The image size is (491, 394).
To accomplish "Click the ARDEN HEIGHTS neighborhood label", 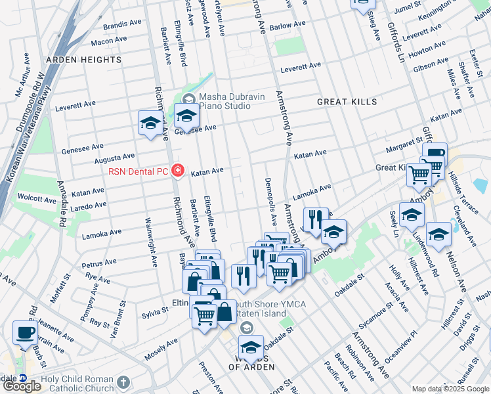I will coord(83,60).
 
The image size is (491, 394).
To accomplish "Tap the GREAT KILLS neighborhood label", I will coord(347,102).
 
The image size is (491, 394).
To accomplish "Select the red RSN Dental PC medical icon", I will coord(177,171).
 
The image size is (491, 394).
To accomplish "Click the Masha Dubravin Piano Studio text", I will coord(232,101).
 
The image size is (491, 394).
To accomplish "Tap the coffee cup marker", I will coord(26,332).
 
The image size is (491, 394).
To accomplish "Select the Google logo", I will coord(22,386).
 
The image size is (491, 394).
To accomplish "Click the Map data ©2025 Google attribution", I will coord(450,389).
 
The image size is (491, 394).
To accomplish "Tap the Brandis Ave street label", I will coord(122,24).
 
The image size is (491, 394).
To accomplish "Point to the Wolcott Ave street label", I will coord(37,198).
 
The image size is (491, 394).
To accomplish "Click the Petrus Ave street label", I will coord(99,266).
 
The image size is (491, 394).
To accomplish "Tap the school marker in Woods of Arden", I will coord(250,347).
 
